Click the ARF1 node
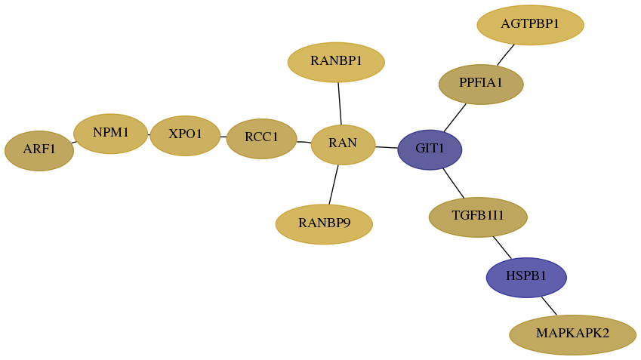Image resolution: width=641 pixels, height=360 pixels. [39, 151]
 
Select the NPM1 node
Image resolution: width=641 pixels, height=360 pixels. [110, 134]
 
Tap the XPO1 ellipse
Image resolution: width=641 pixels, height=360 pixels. [185, 136]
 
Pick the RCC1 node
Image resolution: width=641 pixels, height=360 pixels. [262, 139]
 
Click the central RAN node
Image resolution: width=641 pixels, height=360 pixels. [343, 145]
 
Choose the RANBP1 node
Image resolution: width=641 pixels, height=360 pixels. [336, 62]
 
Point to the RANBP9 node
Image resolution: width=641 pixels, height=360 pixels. [324, 224]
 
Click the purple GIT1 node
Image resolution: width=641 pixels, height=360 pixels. [430, 149]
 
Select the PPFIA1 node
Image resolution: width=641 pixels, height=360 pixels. [481, 85]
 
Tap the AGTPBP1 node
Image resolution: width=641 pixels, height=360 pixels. [530, 25]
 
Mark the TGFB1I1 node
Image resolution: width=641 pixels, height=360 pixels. [478, 217]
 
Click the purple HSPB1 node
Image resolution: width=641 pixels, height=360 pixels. [526, 278]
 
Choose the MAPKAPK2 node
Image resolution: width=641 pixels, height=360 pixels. [573, 334]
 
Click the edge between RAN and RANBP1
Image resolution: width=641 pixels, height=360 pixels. [340, 104]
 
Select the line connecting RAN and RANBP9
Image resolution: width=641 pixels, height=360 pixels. [334, 185]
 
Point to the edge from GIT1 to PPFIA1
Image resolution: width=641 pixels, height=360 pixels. [455, 118]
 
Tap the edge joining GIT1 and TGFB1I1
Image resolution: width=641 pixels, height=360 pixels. [454, 183]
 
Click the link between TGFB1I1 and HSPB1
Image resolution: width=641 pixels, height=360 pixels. [502, 248]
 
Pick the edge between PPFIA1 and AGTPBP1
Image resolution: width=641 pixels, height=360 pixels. [506, 55]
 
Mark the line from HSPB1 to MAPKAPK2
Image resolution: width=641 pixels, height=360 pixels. [549, 306]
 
